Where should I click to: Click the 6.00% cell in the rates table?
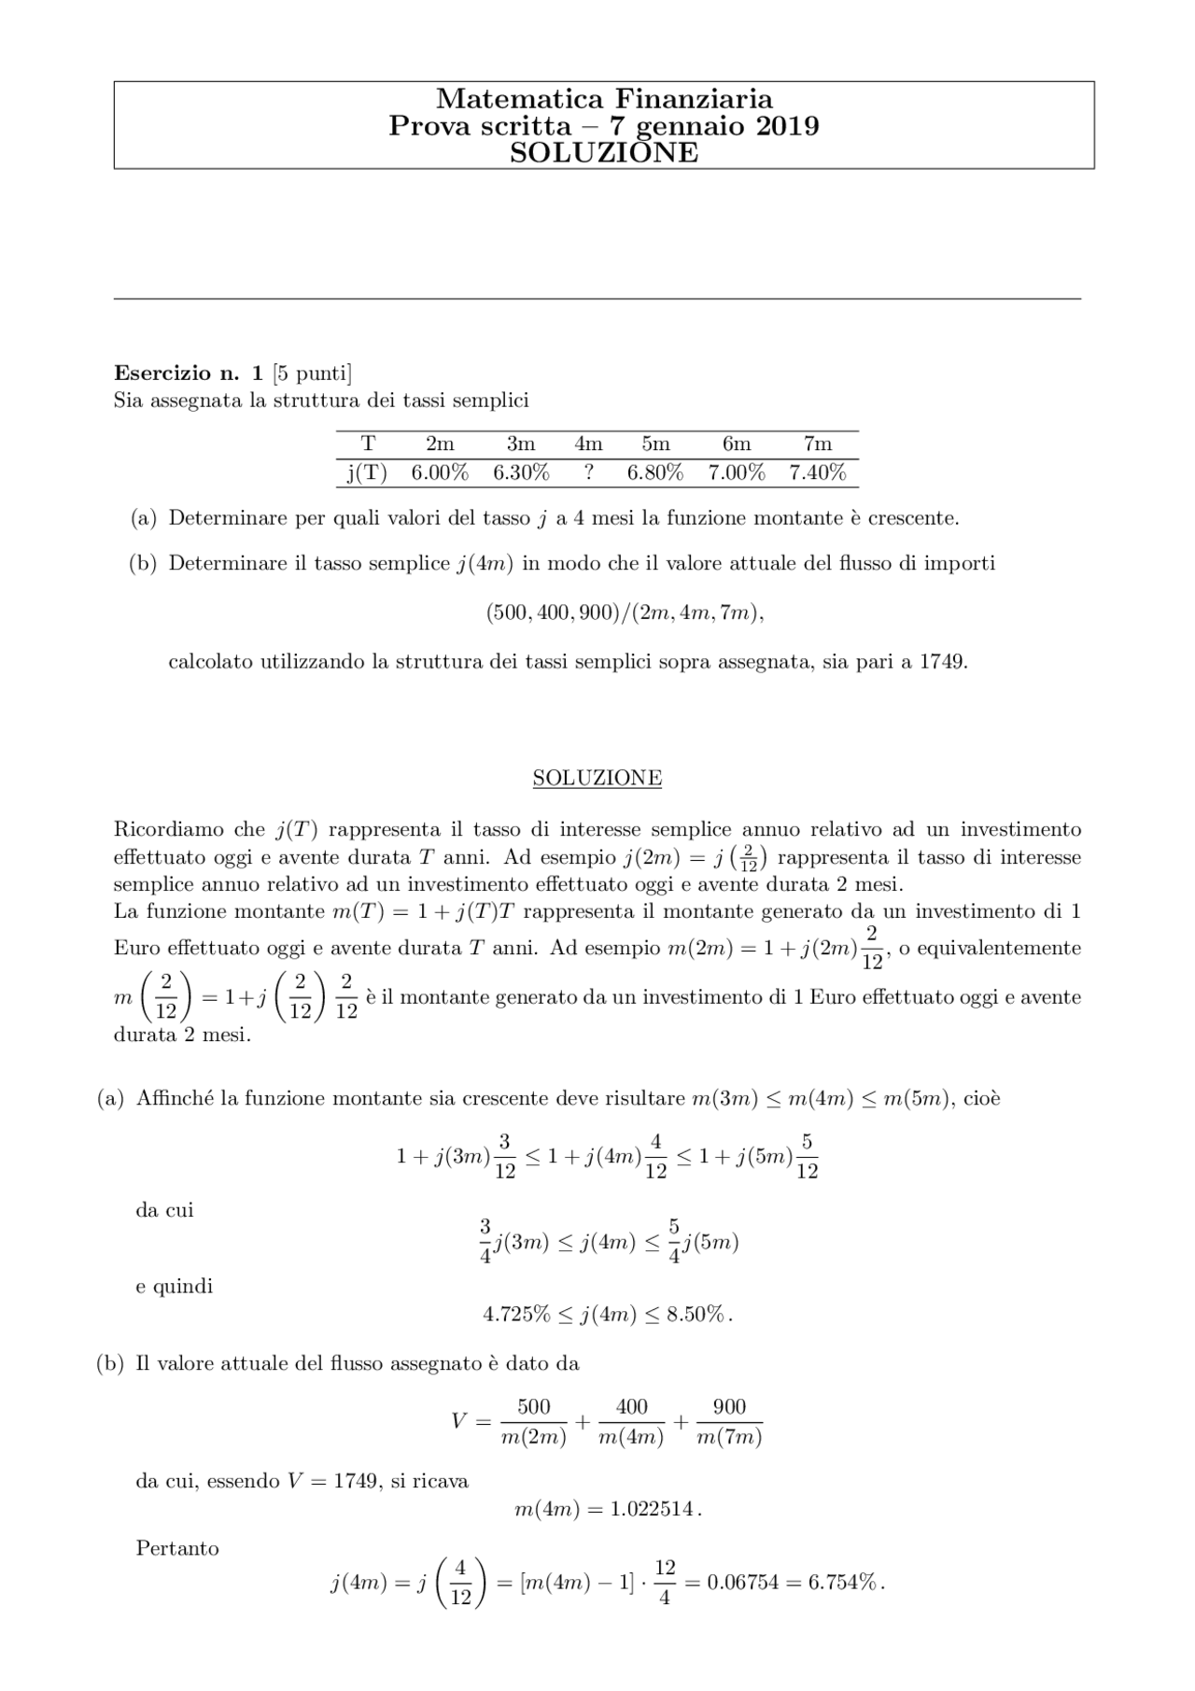(440, 473)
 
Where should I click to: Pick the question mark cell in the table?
(588, 473)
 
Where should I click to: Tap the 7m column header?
(817, 444)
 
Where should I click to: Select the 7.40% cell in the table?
(817, 473)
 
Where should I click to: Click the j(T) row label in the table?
(367, 473)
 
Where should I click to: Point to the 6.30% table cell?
(521, 473)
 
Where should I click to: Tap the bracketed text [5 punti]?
(312, 373)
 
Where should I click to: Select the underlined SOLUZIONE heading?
(597, 778)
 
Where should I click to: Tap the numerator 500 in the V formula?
(533, 1406)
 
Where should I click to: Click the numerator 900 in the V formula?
(729, 1406)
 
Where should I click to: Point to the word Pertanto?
(177, 1548)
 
